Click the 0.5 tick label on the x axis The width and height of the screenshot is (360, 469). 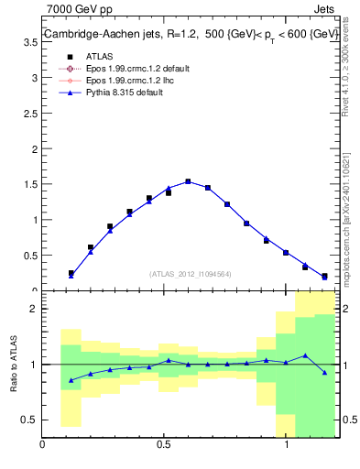coord(164,446)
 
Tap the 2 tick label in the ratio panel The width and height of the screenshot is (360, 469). coord(33,310)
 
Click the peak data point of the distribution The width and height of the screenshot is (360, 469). coord(188,181)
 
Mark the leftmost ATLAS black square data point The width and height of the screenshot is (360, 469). coord(71,273)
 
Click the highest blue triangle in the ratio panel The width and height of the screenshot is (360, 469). coord(306,355)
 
